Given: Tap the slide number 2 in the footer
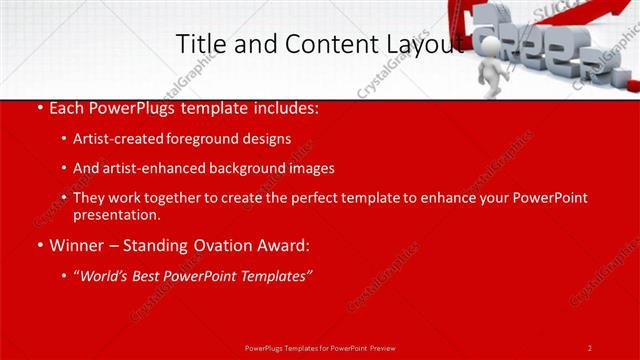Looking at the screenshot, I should (x=590, y=347).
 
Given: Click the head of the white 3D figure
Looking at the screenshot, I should (x=487, y=46).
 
